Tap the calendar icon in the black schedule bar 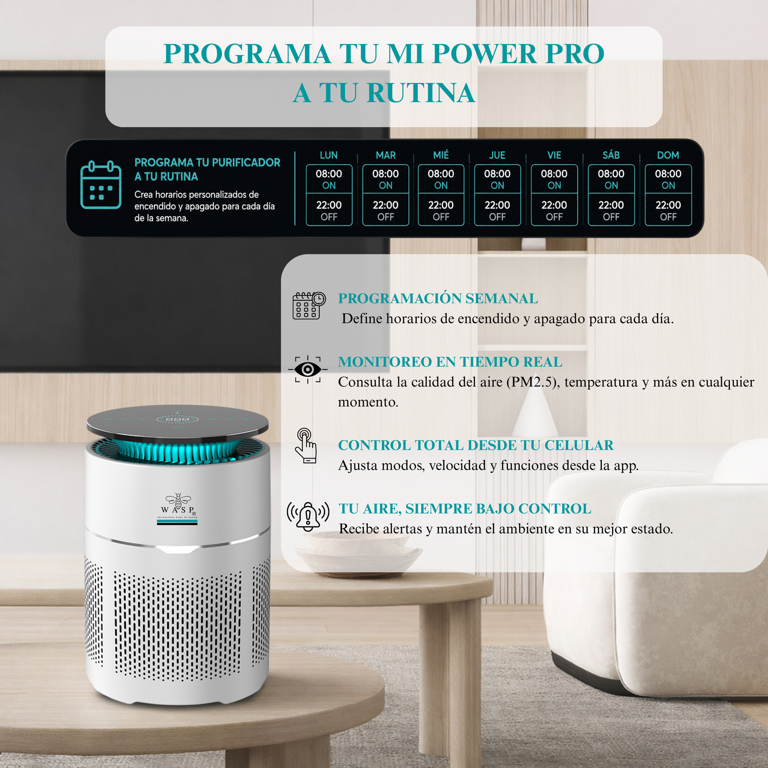(x=101, y=185)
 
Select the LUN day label (x=329, y=155)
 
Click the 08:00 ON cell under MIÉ (x=441, y=179)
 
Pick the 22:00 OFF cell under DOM (x=668, y=210)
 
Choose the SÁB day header (x=611, y=155)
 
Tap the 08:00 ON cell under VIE (x=554, y=179)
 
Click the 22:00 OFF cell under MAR (x=386, y=210)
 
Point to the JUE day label (x=497, y=155)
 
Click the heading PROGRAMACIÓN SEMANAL (x=438, y=298)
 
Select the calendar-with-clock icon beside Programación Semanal (x=309, y=305)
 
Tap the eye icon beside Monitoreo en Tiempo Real (x=308, y=370)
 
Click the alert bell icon (x=308, y=516)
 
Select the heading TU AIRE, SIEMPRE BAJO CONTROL (x=465, y=509)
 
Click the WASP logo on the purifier (x=178, y=509)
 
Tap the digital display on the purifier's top (x=177, y=420)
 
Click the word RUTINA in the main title (x=421, y=93)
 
